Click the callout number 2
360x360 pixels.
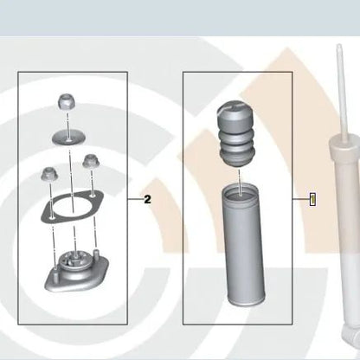pyautogui.click(x=147, y=199)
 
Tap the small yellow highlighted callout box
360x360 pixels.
pyautogui.click(x=312, y=200)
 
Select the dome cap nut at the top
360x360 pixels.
pyautogui.click(x=66, y=101)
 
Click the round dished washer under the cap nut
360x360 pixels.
pyautogui.click(x=68, y=137)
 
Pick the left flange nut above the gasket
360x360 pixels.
pyautogui.click(x=50, y=175)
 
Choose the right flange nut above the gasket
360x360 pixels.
pyautogui.click(x=91, y=161)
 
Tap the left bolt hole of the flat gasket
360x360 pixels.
pyautogui.click(x=52, y=217)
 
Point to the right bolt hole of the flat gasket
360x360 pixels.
pyautogui.click(x=93, y=196)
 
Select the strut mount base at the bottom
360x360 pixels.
pyautogui.click(x=77, y=273)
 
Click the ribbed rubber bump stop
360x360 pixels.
pyautogui.click(x=235, y=133)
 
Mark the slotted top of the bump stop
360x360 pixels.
pyautogui.click(x=235, y=107)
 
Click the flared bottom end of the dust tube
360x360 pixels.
pyautogui.click(x=247, y=300)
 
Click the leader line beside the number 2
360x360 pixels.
pyautogui.click(x=135, y=199)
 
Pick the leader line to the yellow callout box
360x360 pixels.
pyautogui.click(x=301, y=199)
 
